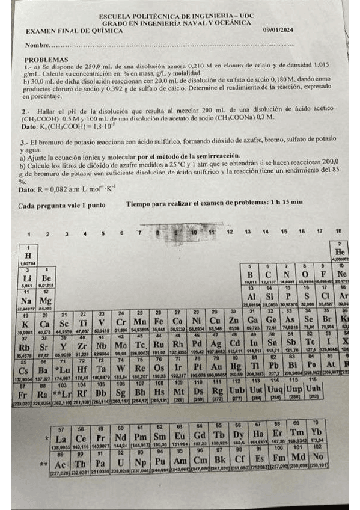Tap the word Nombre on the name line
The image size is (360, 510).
pos(35,45)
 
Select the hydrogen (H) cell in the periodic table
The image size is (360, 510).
pos(28,256)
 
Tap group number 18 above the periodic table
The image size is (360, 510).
pos(338,231)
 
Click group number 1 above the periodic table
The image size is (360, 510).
pos(29,233)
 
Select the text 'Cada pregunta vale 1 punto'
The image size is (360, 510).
pos(62,205)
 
